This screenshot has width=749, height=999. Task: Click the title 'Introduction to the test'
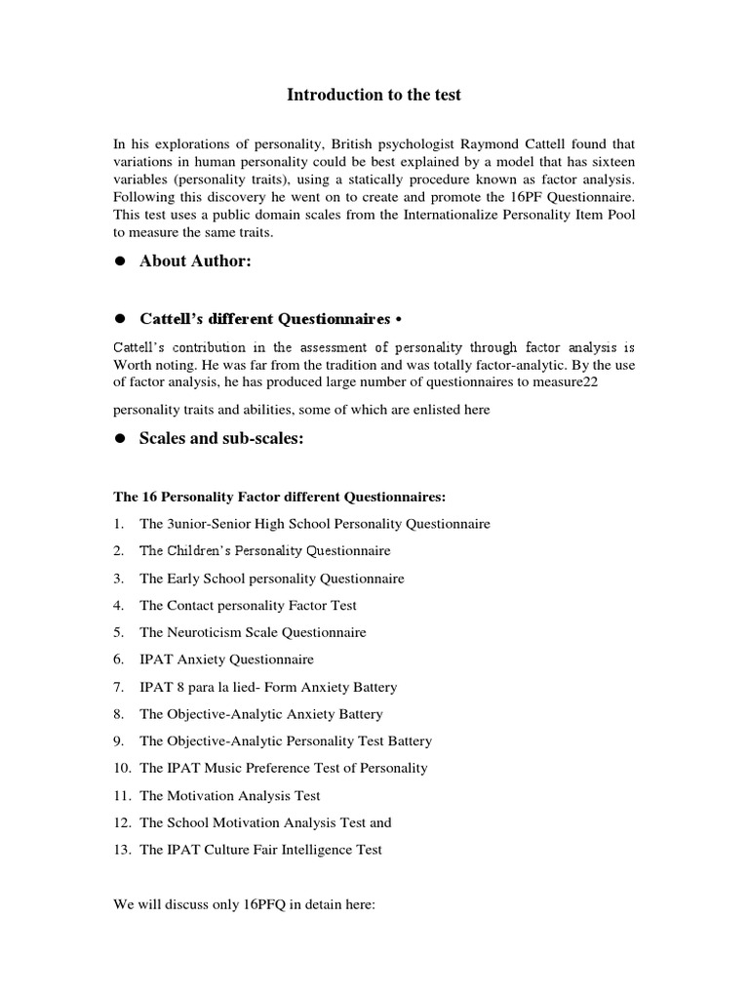coord(374,95)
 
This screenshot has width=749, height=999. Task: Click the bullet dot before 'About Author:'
coord(122,262)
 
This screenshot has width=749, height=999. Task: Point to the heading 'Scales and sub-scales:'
coord(221,439)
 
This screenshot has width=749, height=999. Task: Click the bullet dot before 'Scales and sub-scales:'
coord(122,440)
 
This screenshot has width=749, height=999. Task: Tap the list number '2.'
coord(118,551)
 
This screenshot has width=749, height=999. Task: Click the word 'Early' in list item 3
coord(184,579)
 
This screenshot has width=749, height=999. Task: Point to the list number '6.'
coord(118,659)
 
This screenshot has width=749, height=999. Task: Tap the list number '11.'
coord(120,795)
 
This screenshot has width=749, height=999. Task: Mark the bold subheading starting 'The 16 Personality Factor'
coord(280,497)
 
